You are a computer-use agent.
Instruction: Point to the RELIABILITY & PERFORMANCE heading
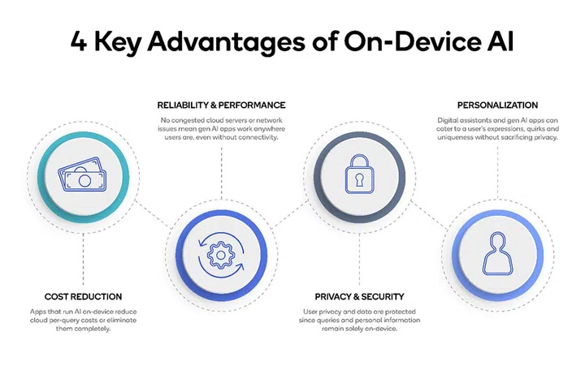pos(221,105)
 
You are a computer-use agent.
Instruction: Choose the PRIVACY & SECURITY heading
pos(358,297)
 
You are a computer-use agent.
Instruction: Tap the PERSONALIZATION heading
pos(497,105)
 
